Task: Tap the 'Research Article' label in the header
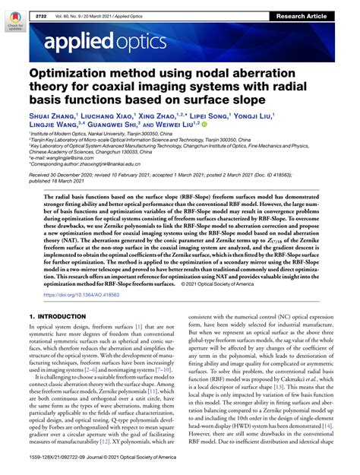[x=324, y=5]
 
